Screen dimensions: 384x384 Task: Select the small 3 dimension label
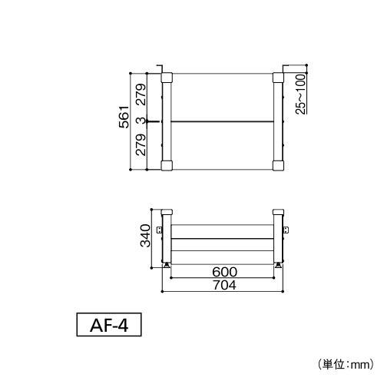[x=141, y=121]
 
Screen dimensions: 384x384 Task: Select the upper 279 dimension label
[x=141, y=94]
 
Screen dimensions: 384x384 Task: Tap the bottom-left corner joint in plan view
[x=167, y=164]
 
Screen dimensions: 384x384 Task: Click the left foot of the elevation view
[x=167, y=265]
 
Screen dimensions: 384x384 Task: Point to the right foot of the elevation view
[x=278, y=265]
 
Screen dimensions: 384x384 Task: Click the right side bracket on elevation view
[x=286, y=230]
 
